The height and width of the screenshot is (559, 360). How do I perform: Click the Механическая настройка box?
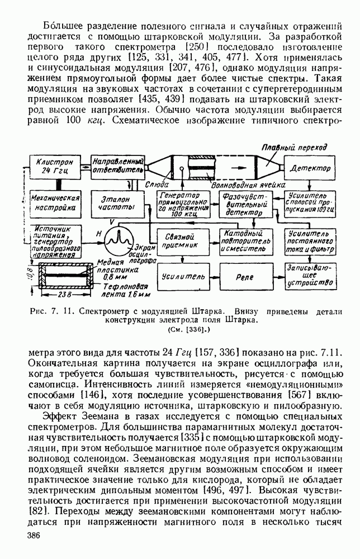(x=55, y=202)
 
